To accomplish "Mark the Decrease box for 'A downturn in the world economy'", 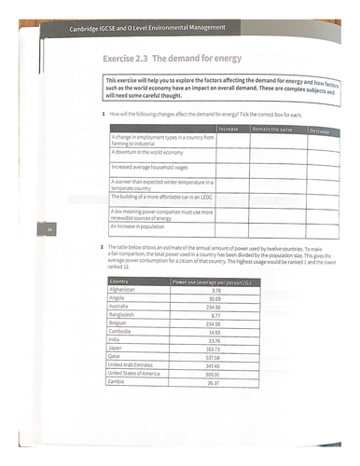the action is point(320,154).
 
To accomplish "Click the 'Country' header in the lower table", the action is point(118,280).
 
